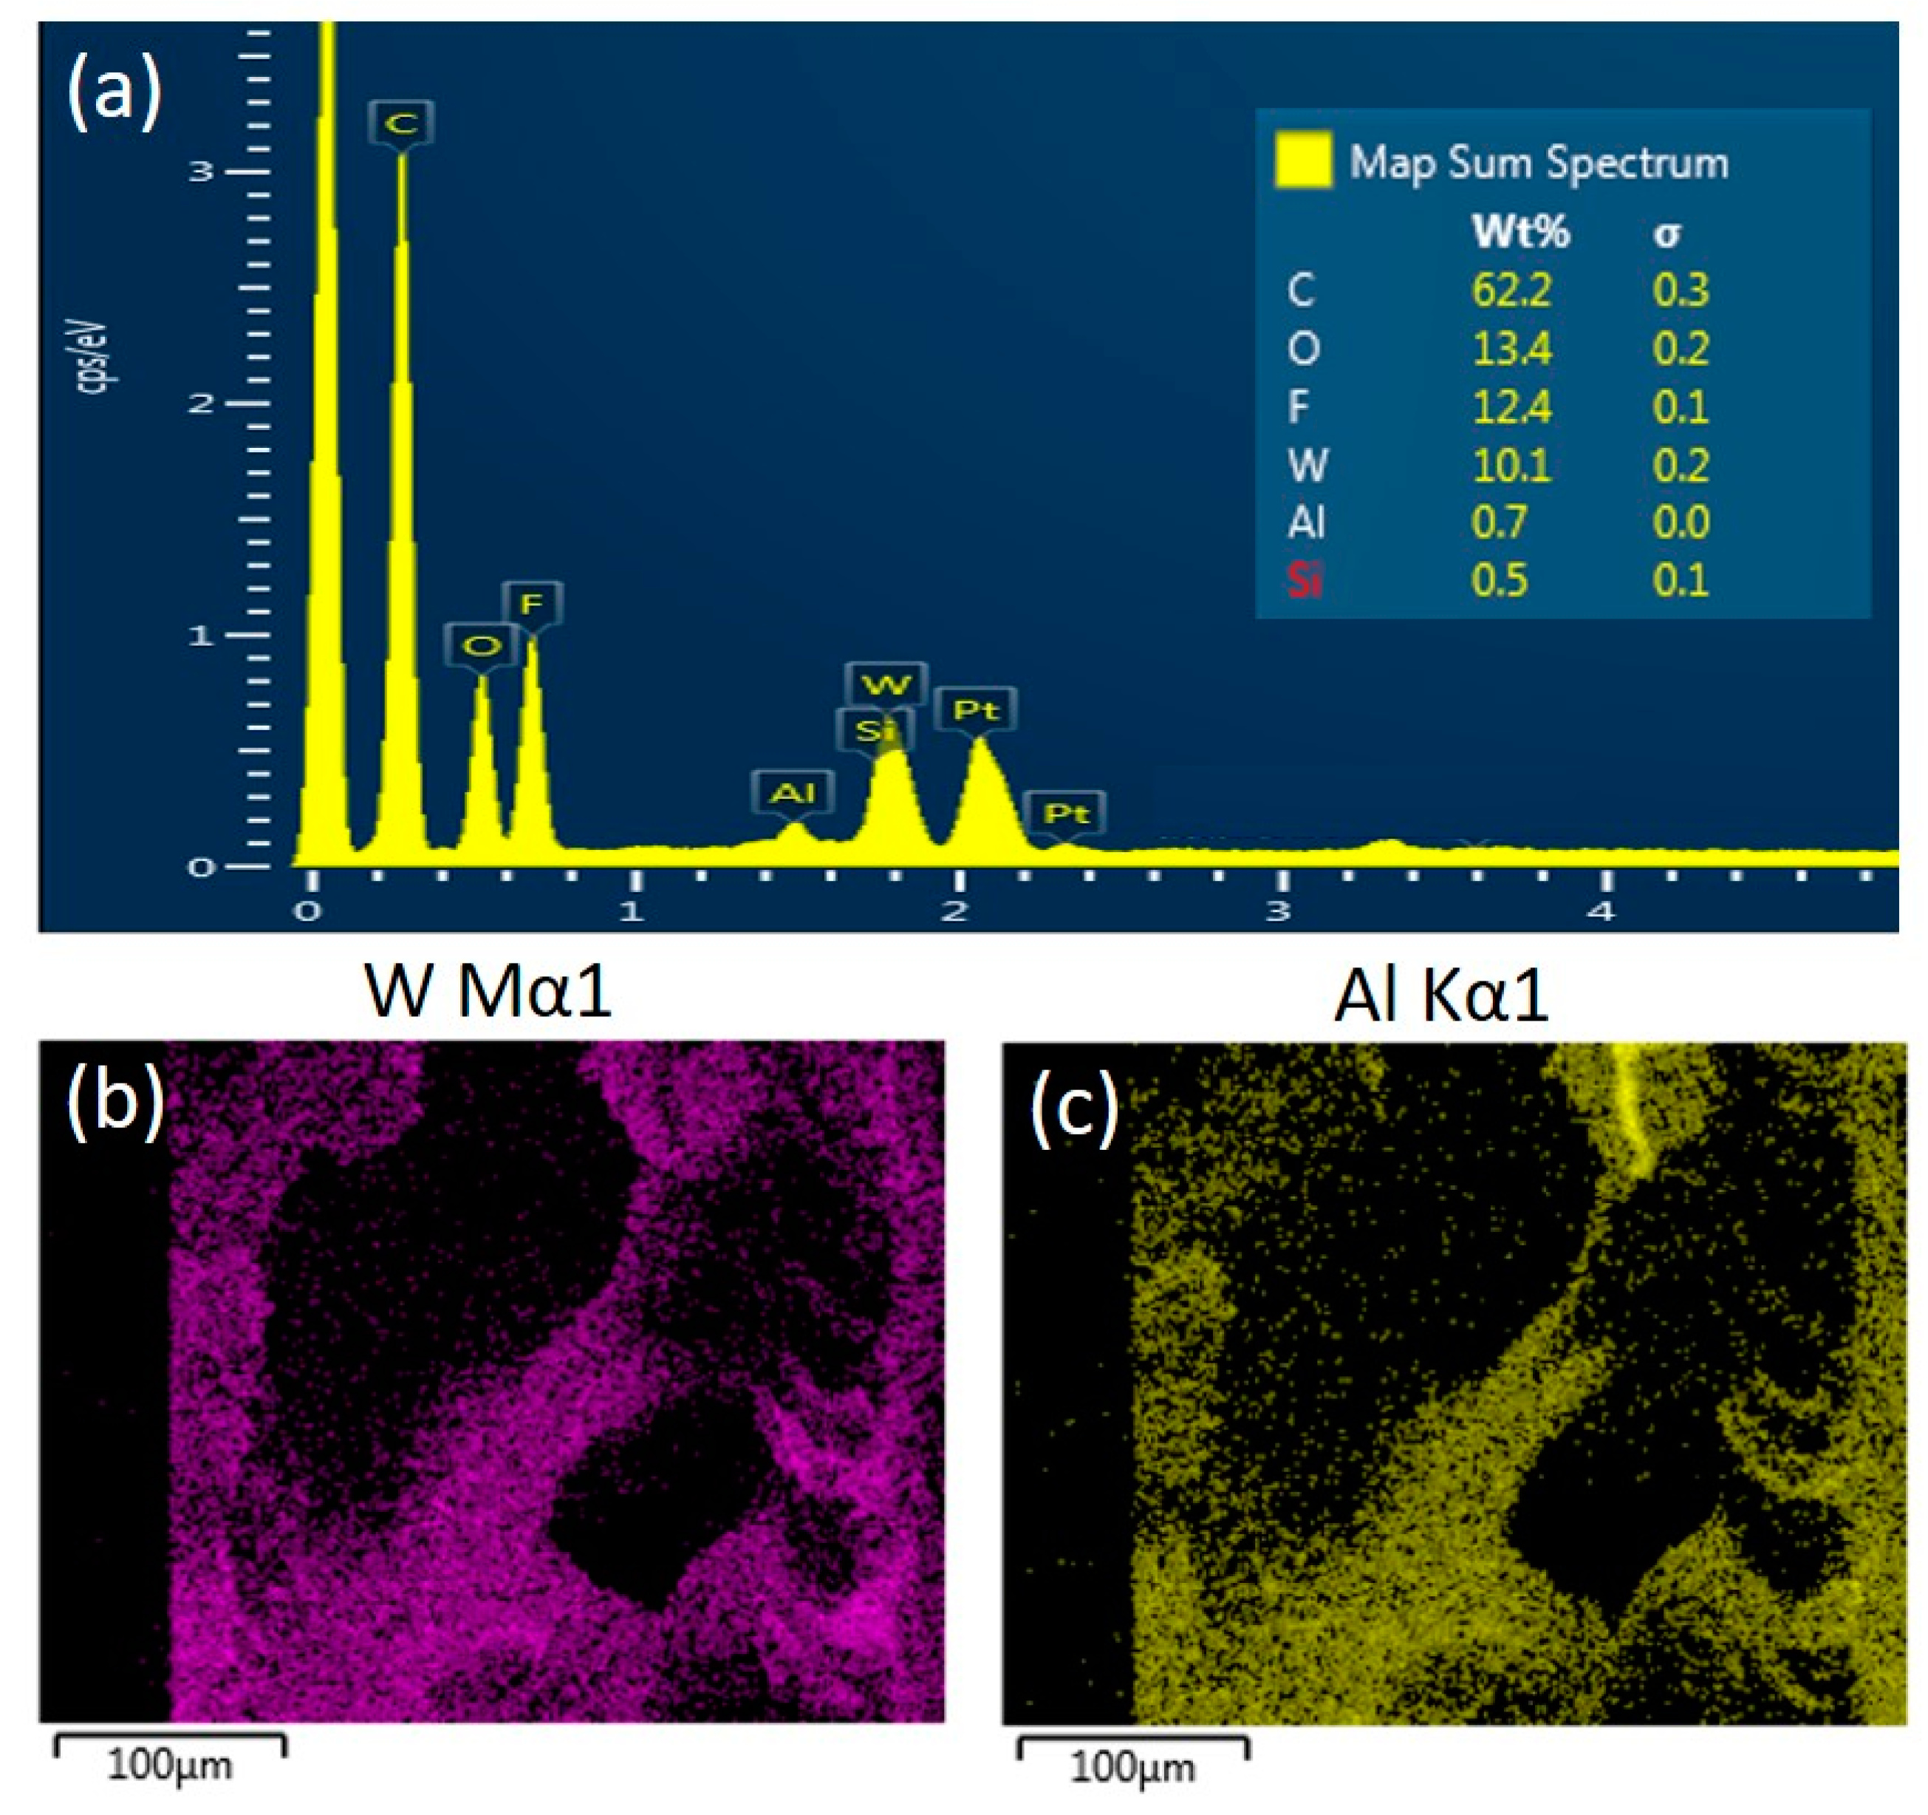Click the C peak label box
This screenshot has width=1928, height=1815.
[x=400, y=123]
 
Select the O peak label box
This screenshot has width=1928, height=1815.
[x=481, y=645]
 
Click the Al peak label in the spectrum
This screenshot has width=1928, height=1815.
[x=793, y=792]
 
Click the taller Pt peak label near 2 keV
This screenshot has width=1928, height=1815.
[x=976, y=710]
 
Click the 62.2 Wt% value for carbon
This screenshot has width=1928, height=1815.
[x=1511, y=290]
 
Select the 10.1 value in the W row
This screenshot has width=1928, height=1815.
[x=1511, y=466]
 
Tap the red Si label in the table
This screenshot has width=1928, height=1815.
[x=1305, y=580]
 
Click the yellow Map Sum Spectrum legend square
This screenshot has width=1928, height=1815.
[x=1302, y=160]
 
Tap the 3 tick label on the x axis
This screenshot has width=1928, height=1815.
[x=1279, y=912]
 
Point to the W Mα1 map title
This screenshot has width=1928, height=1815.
[x=488, y=992]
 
